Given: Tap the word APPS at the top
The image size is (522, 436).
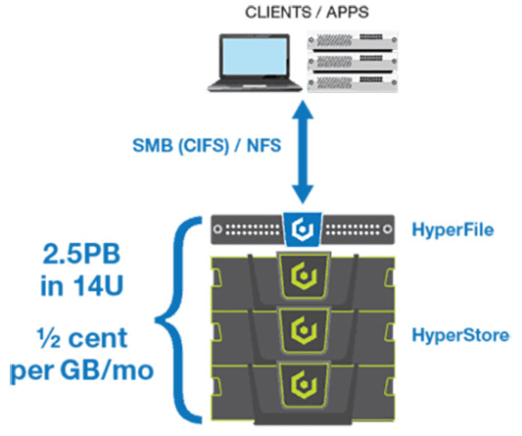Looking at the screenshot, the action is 348,13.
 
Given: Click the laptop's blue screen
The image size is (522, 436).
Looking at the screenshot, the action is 255,56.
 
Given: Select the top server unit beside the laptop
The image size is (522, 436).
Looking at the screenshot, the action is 353,40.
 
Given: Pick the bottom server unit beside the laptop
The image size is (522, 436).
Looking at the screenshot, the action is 353,82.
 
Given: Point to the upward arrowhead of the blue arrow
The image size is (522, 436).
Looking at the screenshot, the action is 303,110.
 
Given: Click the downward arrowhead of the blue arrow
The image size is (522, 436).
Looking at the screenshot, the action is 303,194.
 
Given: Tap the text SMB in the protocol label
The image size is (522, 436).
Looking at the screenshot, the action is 153,146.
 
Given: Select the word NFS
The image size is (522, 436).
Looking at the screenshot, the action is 264,146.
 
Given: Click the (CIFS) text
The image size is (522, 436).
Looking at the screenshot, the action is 204,146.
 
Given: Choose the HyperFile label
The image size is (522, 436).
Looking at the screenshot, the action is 452,230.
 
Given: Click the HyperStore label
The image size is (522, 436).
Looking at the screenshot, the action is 460,335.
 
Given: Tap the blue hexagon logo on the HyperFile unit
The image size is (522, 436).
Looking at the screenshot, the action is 303,229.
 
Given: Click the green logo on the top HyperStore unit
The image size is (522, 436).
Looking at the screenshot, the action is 304,276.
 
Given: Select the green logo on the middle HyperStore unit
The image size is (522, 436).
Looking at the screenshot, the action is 304,330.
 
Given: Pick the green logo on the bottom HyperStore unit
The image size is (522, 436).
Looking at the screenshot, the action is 304,384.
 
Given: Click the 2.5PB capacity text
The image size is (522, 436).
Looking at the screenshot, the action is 81,254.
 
